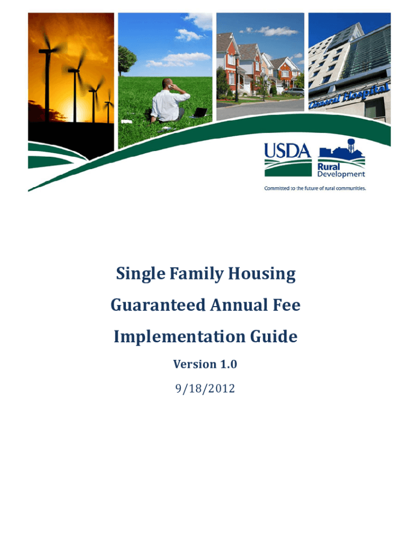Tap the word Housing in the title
click(262, 274)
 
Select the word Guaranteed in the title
click(158, 305)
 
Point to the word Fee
click(287, 305)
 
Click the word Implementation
click(179, 337)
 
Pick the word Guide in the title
click(274, 336)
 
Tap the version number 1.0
click(228, 364)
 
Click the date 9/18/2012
click(205, 388)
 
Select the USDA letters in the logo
click(287, 151)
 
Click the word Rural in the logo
click(328, 167)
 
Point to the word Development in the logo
click(341, 174)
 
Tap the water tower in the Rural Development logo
click(350, 145)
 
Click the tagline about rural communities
click(315, 188)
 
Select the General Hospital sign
click(348, 96)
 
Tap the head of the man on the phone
click(167, 84)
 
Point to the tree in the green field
click(126, 60)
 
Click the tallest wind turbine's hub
click(47, 51)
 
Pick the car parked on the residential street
click(293, 92)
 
